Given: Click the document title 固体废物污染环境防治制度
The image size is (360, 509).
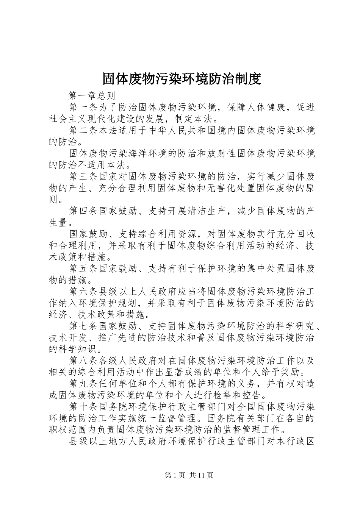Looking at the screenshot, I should click(182, 79).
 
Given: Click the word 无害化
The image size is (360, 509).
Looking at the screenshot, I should click(212, 188).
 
